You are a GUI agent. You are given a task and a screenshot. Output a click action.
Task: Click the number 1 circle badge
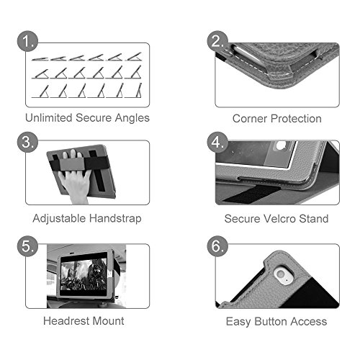click(27, 41)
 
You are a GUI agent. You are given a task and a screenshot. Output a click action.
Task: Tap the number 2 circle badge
click(217, 41)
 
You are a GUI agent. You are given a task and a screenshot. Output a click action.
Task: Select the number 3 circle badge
click(27, 142)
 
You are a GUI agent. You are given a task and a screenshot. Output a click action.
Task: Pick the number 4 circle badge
click(217, 142)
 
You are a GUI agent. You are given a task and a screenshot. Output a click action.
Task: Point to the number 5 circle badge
click(27, 246)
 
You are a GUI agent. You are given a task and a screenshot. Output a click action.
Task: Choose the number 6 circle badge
click(217, 246)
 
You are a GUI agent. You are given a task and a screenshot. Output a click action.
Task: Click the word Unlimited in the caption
click(49, 118)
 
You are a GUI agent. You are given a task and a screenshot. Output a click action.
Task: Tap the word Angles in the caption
click(132, 119)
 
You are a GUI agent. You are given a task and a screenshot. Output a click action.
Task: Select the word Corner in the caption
click(250, 119)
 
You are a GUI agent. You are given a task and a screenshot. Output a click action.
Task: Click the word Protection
click(297, 119)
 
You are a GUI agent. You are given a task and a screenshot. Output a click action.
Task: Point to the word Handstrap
click(115, 219)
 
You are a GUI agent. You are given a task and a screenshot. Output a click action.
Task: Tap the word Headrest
click(66, 321)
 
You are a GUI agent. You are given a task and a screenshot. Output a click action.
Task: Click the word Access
click(309, 321)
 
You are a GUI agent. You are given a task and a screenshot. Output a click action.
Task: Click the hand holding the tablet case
click(75, 182)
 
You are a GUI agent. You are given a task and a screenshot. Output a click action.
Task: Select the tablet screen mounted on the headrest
click(84, 274)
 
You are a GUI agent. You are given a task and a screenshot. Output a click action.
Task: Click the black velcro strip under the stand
click(252, 194)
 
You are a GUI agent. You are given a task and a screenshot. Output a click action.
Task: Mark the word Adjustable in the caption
click(59, 219)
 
